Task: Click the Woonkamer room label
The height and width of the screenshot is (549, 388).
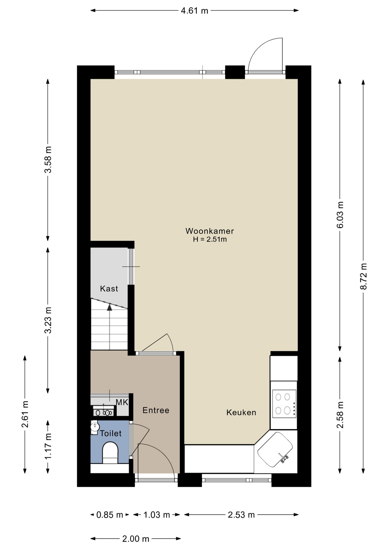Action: click(210, 231)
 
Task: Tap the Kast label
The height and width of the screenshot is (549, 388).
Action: click(109, 289)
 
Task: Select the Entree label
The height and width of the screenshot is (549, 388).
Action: click(156, 411)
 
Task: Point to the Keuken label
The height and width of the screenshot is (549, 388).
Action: click(241, 413)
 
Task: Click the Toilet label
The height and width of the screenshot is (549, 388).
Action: click(111, 433)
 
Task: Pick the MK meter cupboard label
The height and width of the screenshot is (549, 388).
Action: click(122, 402)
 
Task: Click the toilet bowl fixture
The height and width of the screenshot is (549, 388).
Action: click(110, 453)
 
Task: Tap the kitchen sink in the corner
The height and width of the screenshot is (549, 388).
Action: click(275, 449)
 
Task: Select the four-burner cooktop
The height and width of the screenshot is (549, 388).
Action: click(284, 404)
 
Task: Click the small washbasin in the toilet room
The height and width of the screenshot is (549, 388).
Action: click(95, 427)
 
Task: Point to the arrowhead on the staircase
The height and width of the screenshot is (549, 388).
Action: click(109, 307)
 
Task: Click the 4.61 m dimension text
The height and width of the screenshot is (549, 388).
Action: click(195, 11)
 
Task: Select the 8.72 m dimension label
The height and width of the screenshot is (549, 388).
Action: click(363, 276)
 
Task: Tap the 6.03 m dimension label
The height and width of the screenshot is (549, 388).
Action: click(340, 215)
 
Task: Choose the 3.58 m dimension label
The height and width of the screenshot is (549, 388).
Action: click(48, 160)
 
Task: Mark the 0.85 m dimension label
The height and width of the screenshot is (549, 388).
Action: click(110, 515)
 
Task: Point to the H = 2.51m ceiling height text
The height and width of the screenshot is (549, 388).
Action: click(210, 239)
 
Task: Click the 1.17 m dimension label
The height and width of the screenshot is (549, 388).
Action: click(48, 446)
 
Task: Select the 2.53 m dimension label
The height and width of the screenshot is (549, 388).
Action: click(241, 515)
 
